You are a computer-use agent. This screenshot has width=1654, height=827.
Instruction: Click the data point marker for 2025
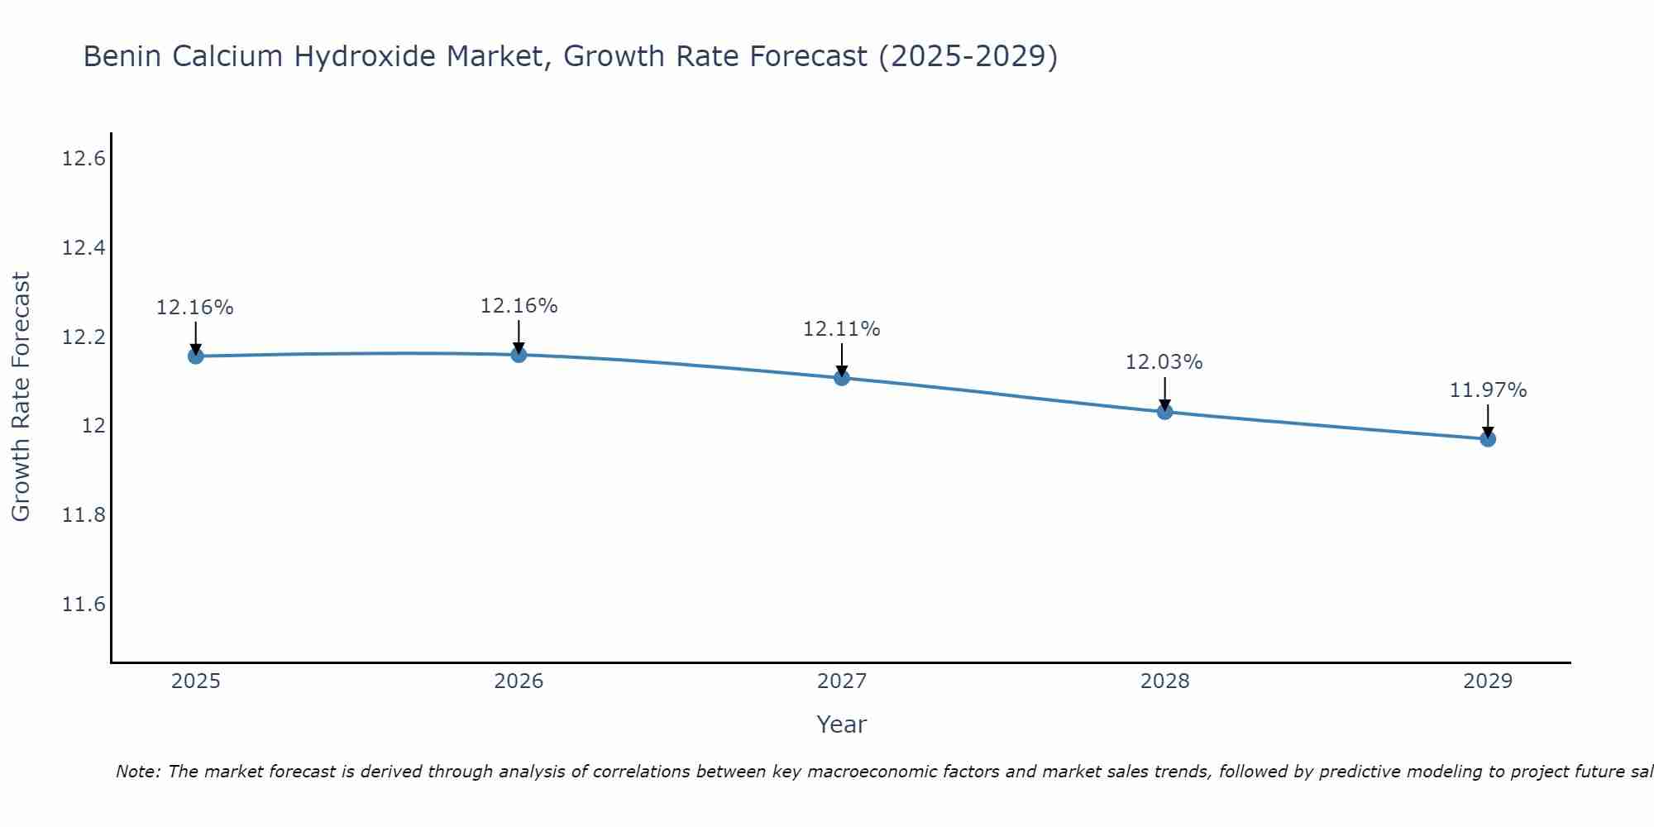tap(196, 356)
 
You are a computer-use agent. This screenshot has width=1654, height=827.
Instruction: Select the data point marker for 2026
tap(519, 355)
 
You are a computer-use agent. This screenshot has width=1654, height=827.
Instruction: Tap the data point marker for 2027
tap(842, 378)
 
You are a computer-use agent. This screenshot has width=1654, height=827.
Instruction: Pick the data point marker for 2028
tap(1164, 412)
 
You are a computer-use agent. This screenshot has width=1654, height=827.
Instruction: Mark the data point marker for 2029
tap(1488, 439)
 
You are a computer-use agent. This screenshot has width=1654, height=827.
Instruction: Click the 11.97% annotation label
tap(1488, 390)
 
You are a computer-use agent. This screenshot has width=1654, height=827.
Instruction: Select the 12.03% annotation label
tap(1164, 362)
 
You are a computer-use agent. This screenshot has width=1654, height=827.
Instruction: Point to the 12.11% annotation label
tap(841, 329)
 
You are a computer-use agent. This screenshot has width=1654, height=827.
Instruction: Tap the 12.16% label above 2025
tap(195, 308)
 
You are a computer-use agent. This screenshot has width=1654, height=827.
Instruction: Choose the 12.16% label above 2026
tap(519, 306)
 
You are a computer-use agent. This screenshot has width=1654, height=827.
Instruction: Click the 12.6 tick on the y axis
tap(84, 159)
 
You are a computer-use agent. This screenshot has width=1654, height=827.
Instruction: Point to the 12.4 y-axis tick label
tap(84, 248)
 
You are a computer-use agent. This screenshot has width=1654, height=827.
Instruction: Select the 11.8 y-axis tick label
tap(84, 515)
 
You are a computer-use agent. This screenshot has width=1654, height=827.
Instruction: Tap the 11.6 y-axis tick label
tap(84, 605)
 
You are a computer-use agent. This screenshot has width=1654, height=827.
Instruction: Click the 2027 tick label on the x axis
tap(842, 681)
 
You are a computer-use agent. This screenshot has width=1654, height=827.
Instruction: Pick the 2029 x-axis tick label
tap(1488, 681)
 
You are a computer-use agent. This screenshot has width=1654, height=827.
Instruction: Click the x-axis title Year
tap(841, 724)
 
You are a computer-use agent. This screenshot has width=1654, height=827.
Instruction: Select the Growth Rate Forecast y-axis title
tap(21, 397)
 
